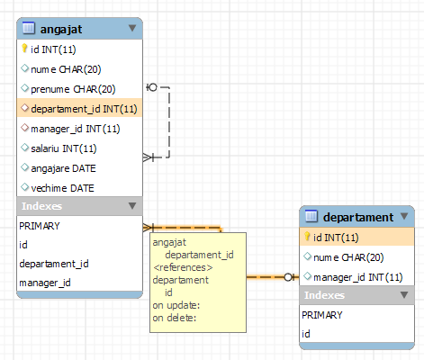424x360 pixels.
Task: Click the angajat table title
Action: click(x=61, y=29)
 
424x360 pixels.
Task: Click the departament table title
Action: click(x=358, y=217)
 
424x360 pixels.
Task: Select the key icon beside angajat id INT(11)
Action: click(x=24, y=49)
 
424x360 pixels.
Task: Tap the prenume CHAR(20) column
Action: click(x=73, y=89)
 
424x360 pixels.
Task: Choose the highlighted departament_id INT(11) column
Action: click(x=84, y=109)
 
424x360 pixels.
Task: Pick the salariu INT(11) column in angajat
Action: click(x=64, y=148)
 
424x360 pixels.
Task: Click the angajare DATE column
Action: click(x=63, y=168)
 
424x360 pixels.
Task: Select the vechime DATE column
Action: click(x=62, y=188)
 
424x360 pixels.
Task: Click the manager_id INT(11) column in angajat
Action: click(x=76, y=129)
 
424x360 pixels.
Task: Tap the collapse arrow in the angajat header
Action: click(x=132, y=28)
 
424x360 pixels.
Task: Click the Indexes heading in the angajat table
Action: click(x=41, y=206)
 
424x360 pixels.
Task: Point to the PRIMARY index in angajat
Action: click(x=40, y=226)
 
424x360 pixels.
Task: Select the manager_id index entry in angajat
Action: click(x=45, y=283)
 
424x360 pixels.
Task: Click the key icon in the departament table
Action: click(x=307, y=237)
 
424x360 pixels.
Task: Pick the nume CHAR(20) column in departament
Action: click(x=348, y=257)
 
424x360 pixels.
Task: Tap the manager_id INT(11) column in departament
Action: click(x=358, y=277)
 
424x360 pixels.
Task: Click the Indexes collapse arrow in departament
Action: click(x=404, y=295)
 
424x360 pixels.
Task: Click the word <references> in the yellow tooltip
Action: click(x=183, y=267)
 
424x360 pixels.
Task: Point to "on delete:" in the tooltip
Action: click(x=175, y=318)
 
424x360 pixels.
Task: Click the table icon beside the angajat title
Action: click(x=29, y=28)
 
